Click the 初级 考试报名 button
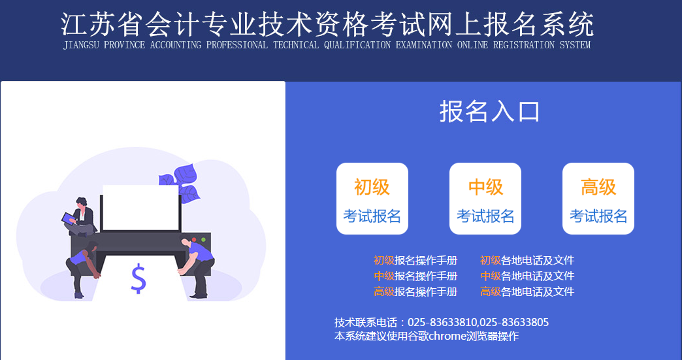[x=372, y=199]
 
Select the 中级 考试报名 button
[x=485, y=199]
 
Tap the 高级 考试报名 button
[x=598, y=199]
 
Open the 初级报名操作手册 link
[x=415, y=261]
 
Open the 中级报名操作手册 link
[x=415, y=276]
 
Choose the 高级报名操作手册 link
[x=415, y=292]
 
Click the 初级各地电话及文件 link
[x=527, y=261]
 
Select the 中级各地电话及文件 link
[x=527, y=276]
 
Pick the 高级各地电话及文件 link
[x=527, y=292]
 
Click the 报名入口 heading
[x=490, y=112]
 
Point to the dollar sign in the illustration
[x=138, y=279]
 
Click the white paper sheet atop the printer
[x=140, y=207]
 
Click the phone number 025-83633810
[x=443, y=323]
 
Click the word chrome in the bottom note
[x=447, y=336]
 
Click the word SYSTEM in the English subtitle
[x=575, y=46]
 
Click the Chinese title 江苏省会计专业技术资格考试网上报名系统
[x=327, y=25]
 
